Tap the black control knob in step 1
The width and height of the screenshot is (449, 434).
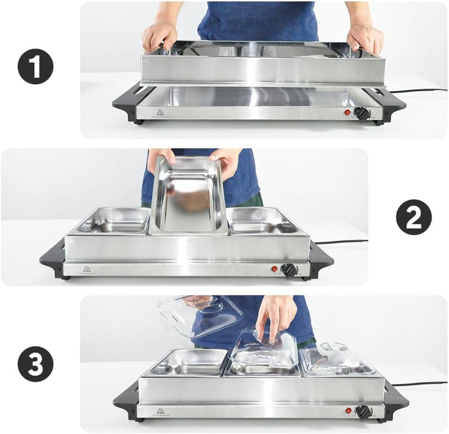361,113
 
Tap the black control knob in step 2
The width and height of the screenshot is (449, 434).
289,270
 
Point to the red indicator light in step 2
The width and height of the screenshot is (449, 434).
274,269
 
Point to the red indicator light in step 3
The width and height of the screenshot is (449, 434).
349,412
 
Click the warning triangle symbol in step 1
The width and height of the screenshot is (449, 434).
160,113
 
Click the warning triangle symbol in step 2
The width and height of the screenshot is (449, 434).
86,269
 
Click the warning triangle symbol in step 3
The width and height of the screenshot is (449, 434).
160,412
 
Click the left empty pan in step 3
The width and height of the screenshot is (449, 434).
187,362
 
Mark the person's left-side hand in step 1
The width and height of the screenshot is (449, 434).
159,36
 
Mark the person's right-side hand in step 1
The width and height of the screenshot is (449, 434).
365,37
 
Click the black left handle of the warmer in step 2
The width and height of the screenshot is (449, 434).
52,258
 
